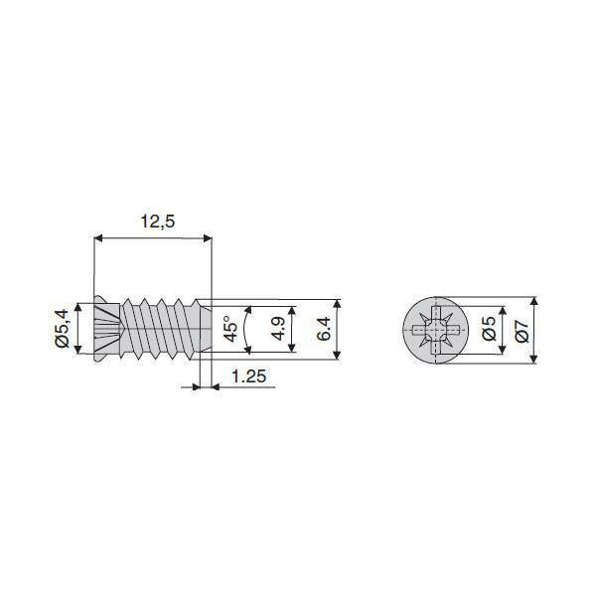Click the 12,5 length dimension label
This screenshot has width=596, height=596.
point(158,222)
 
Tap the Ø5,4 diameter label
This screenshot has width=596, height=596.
point(62,329)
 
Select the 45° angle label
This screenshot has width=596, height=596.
point(230,329)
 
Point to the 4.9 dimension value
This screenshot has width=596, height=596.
point(278,329)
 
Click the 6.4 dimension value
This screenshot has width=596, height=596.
point(324,329)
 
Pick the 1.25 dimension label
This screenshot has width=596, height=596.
point(249,376)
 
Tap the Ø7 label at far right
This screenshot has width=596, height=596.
point(521,331)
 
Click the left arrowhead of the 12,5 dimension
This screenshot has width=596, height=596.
point(98,238)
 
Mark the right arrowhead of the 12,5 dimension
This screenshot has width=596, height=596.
point(208,238)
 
